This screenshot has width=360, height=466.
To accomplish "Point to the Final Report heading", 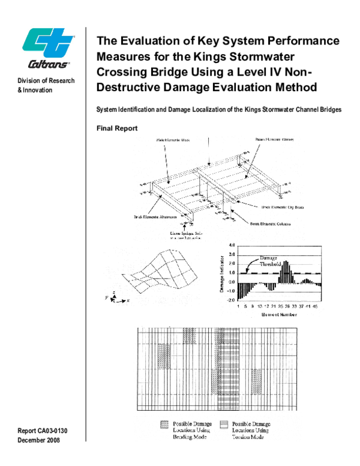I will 117,129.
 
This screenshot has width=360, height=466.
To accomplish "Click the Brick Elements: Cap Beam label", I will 281,207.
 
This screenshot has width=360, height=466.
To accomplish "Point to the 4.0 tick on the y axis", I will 232,246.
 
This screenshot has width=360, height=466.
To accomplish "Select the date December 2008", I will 40,440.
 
